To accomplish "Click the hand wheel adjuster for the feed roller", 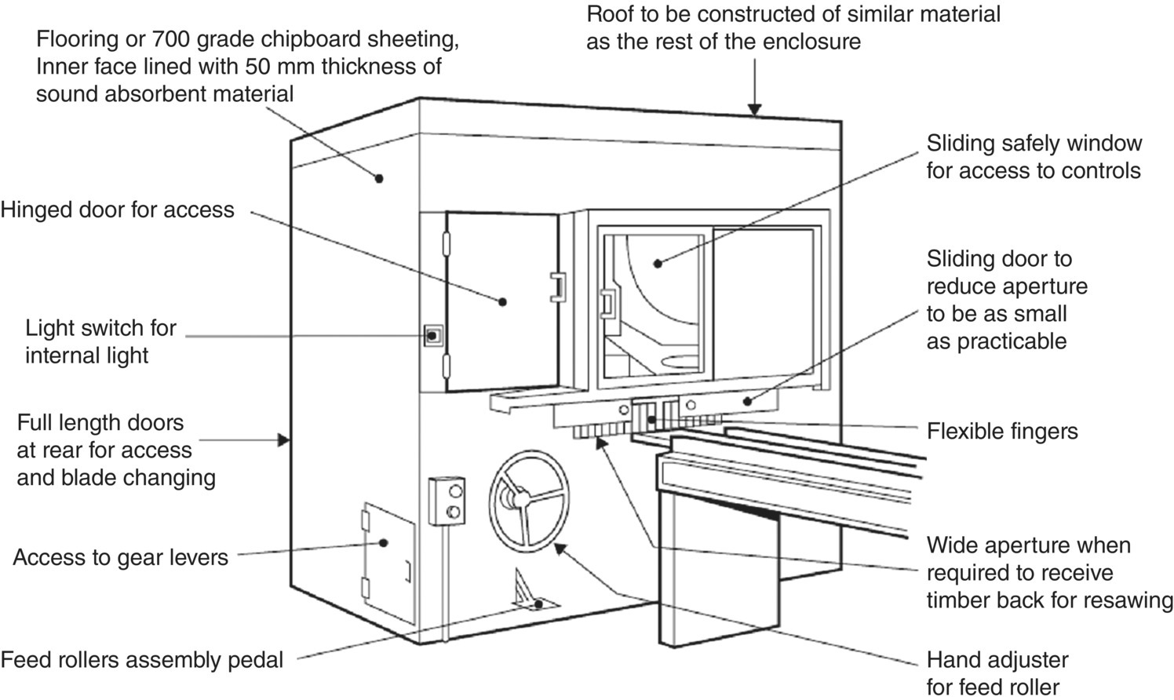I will pos(528,496).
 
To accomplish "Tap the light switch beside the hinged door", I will pos(431,336).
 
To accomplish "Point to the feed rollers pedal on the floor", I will pos(530,596).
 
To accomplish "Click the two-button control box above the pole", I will pos(446,501).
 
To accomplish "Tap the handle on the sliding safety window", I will pos(607,304).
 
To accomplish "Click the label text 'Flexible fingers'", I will pos(1001,431).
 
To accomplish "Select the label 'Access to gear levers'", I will pos(121,557).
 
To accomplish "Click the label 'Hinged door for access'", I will pos(118,210).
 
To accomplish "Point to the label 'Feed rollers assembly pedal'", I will pos(142,660).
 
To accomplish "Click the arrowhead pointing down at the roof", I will pos(754,110).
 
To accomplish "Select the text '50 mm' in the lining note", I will pos(276,66).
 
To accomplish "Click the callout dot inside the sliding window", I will pos(658,263).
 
